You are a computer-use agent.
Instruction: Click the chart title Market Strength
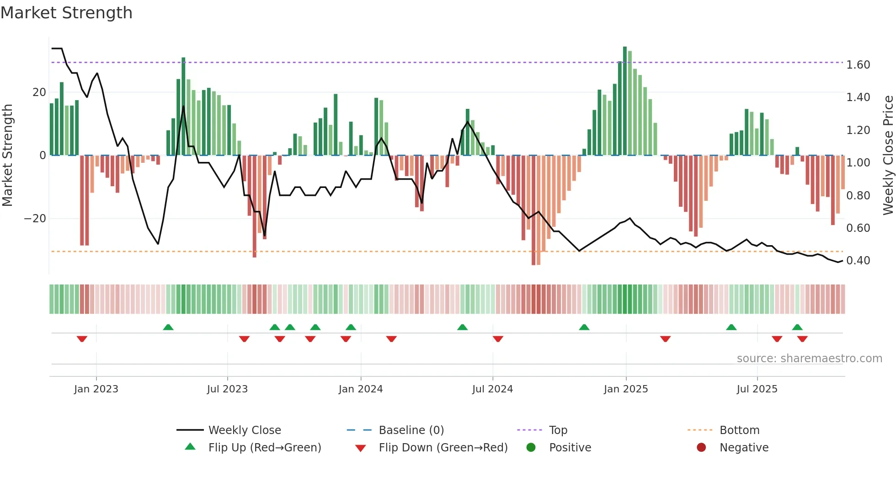coord(66,13)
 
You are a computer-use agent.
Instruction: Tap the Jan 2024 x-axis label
coord(360,389)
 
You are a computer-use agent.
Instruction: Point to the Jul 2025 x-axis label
coord(757,389)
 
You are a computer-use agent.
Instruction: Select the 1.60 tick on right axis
coord(858,65)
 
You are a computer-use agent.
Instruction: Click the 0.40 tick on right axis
coord(858,261)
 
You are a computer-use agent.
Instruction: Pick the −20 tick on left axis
coord(35,219)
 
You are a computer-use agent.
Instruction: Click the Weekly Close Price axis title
coord(888,155)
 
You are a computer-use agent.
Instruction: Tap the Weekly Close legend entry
coord(244,430)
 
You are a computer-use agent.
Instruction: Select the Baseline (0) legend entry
coord(411,430)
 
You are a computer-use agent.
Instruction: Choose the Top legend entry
coord(558,430)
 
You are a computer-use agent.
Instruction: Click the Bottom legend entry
coord(739,430)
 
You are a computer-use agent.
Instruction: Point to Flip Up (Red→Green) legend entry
coord(264,448)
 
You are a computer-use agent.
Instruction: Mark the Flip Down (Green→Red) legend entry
coord(443,448)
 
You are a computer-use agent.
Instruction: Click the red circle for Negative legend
coord(701,447)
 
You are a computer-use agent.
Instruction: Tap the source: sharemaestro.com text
coord(809,359)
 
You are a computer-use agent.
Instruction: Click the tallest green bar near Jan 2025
coord(624,101)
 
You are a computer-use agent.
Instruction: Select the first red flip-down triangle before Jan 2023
coord(82,339)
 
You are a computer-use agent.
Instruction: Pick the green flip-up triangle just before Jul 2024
coord(462,327)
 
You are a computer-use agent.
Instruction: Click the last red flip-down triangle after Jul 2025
coord(802,339)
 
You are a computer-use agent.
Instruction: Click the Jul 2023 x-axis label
coord(227,389)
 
